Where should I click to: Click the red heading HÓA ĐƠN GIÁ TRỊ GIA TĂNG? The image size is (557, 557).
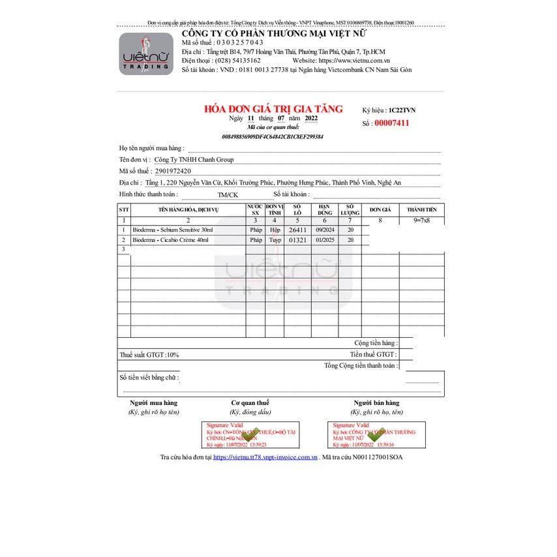pos(273,109)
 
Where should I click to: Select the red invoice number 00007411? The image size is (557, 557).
pos(391,123)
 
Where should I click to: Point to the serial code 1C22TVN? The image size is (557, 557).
pos(401,110)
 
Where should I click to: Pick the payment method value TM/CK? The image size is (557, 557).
pos(228,194)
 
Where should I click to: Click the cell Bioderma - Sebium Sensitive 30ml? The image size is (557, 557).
pos(173,230)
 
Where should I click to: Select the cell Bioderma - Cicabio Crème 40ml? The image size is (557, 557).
pos(171,240)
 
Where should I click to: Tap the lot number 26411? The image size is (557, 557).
pos(297,230)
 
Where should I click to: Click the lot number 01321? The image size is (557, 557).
pos(297,240)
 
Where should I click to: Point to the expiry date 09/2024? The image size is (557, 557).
pos(325,230)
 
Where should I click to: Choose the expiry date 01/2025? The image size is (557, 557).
pos(325,240)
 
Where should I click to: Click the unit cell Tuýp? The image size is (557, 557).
pos(275,240)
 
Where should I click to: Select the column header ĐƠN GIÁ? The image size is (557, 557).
pos(380,209)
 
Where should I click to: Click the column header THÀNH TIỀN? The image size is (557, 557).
pos(422,209)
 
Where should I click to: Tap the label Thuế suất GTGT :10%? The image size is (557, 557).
pos(149,355)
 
